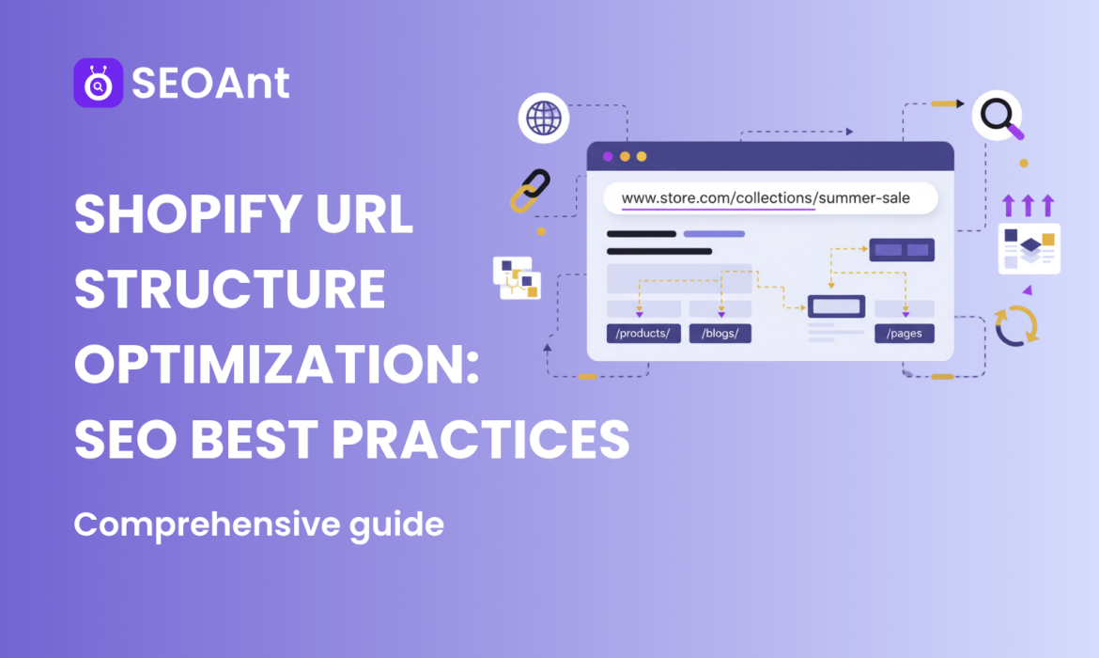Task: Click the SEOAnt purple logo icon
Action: click(98, 84)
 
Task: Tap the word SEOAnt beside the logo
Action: click(210, 84)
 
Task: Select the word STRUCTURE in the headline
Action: click(229, 290)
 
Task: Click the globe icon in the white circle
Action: click(544, 118)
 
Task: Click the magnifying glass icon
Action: click(998, 117)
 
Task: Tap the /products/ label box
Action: click(643, 334)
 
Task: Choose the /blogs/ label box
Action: click(720, 334)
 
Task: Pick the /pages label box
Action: click(904, 334)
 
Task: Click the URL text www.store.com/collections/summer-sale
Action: click(766, 198)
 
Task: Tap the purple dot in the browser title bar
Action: click(608, 156)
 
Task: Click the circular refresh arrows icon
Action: click(1016, 324)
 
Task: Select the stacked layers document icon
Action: click(1029, 248)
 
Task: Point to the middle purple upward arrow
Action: click(1028, 204)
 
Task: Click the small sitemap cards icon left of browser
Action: click(518, 277)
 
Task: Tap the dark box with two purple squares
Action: click(902, 249)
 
